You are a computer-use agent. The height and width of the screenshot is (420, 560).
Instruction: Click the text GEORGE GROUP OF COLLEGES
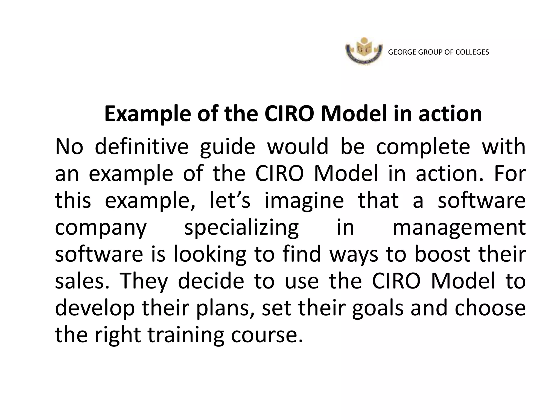pos(438,52)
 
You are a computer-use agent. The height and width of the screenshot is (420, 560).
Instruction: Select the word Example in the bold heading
pos(147,114)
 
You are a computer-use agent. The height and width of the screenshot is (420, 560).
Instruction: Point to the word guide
pos(227,147)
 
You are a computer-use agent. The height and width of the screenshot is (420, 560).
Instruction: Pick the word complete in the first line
pos(423,147)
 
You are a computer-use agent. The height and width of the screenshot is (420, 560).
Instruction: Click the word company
pos(101,228)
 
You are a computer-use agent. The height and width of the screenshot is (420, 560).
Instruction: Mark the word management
pos(459,228)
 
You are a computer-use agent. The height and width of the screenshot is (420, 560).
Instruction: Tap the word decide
pos(211,281)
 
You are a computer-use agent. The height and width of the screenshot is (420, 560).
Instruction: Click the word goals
pos(378,308)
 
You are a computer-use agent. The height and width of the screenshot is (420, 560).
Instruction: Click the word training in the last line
pos(186,335)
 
